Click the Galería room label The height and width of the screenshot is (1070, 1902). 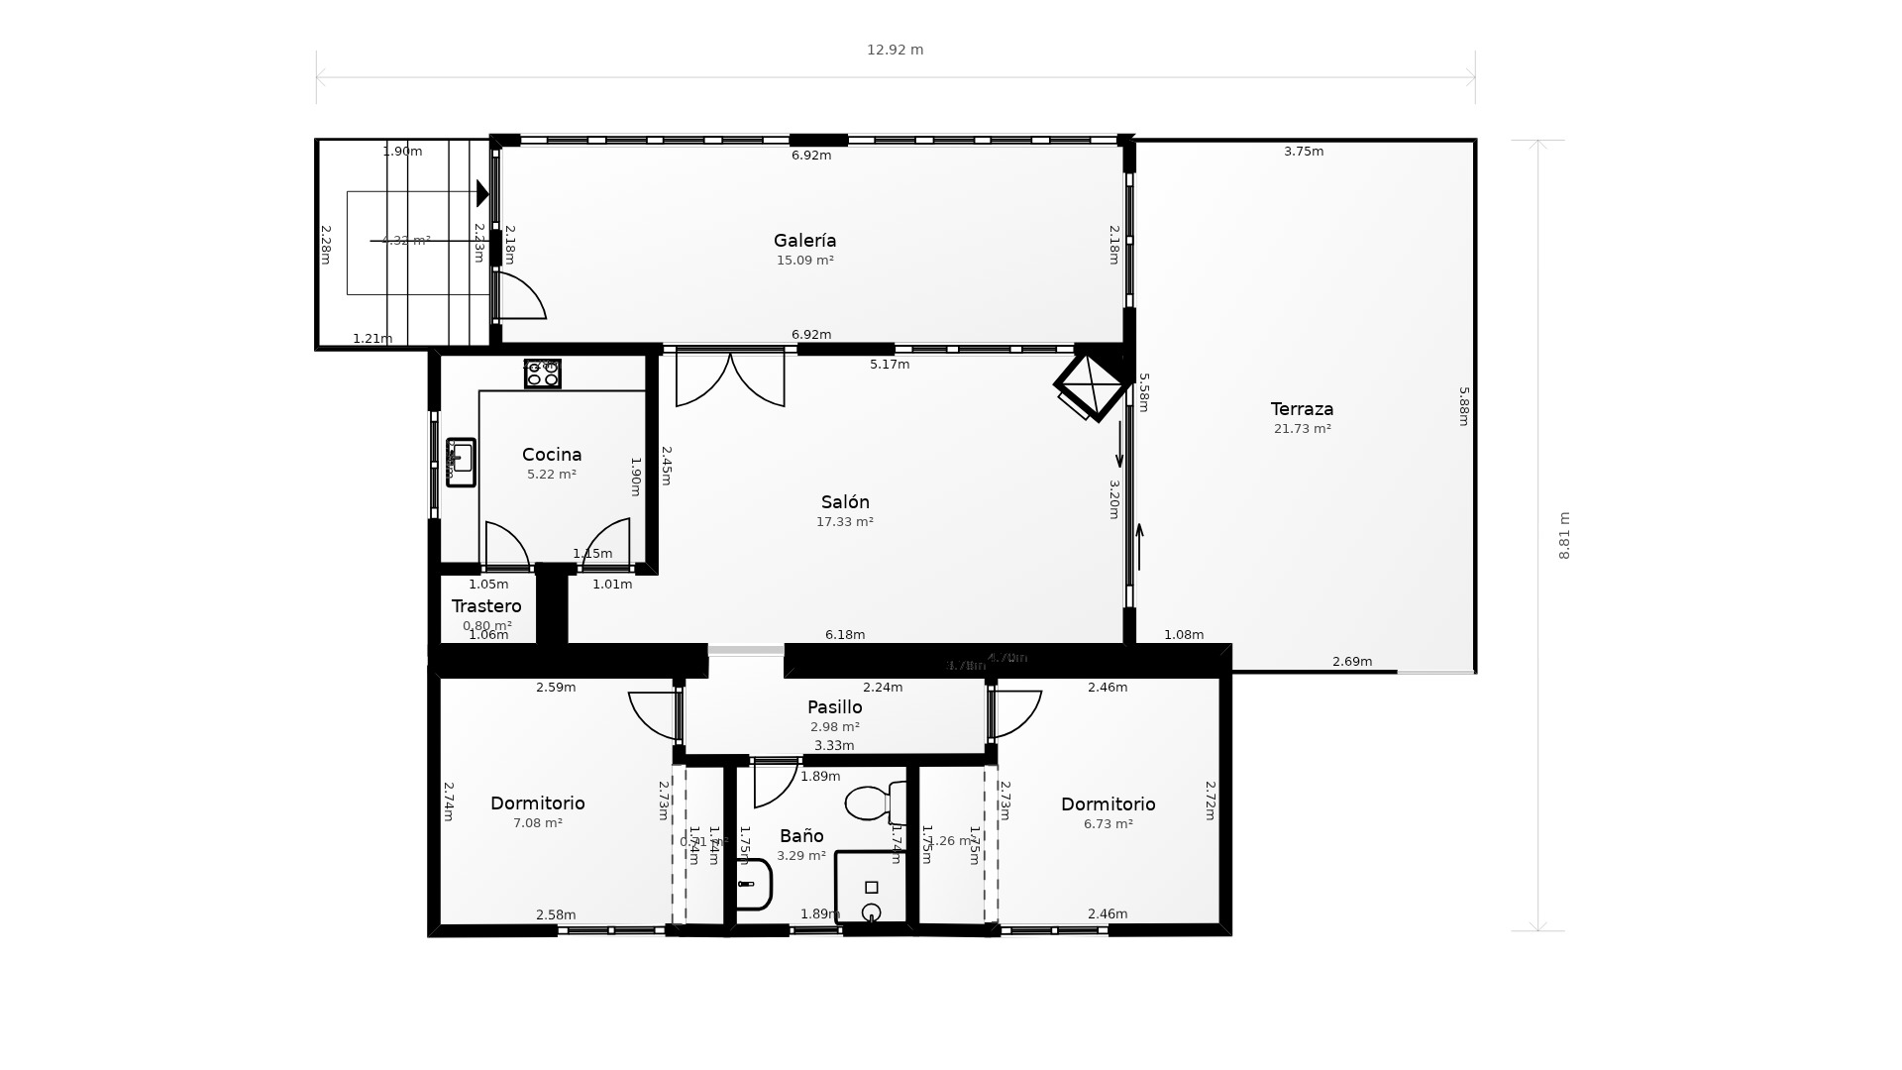804,241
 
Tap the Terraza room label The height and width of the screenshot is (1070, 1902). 1302,409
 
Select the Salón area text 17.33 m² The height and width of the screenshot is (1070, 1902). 844,522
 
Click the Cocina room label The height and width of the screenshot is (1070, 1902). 552,455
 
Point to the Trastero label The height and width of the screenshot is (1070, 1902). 486,606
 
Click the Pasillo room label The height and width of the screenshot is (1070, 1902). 834,707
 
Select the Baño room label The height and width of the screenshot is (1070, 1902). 800,836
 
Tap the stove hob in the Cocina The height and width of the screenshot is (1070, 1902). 542,374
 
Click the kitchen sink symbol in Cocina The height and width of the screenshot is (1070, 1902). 461,463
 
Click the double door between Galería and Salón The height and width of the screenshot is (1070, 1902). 730,378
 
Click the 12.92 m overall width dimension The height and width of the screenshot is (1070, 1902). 895,51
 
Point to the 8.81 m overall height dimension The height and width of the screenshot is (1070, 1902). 1564,536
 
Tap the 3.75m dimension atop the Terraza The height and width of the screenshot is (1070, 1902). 1303,152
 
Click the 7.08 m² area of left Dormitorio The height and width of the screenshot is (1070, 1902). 537,823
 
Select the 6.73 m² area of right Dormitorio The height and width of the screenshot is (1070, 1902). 1108,824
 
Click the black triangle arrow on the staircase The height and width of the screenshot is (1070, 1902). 482,193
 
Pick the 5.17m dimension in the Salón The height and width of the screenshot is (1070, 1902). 889,365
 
